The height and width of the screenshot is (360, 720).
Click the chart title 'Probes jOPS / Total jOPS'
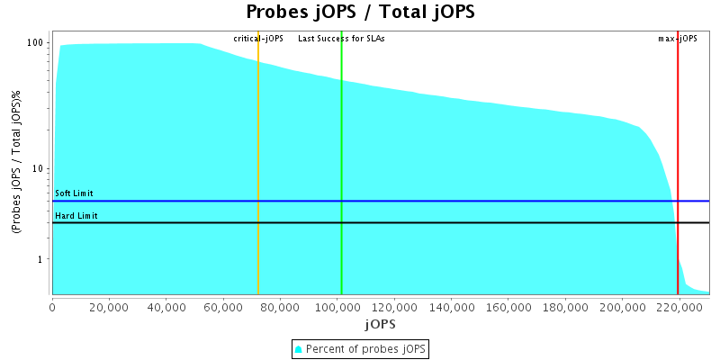[x=360, y=13]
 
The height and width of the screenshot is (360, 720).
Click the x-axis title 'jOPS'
[x=380, y=323]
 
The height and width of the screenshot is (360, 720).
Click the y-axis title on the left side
[x=15, y=162]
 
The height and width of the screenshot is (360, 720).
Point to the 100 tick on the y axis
[x=36, y=42]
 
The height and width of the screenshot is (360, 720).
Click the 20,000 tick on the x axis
[x=109, y=306]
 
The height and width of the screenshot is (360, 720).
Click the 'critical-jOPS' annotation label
[x=258, y=39]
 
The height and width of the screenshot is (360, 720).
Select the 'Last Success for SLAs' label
[x=341, y=39]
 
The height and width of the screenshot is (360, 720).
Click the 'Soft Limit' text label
[x=74, y=193]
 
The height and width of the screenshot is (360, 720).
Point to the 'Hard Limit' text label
[x=76, y=216]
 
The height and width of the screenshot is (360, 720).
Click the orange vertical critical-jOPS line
[x=258, y=162]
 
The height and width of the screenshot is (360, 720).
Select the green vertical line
[x=341, y=162]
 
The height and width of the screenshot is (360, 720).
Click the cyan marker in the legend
[x=299, y=349]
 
